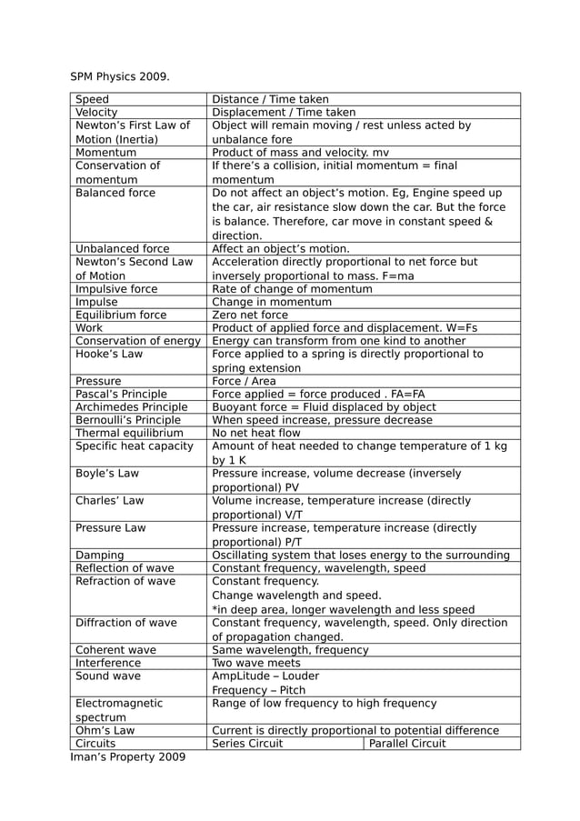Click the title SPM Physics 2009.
120,75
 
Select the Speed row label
92,99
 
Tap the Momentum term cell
105,153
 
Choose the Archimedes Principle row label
131,407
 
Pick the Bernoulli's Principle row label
128,420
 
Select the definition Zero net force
250,315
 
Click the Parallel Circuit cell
407,743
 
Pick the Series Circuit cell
247,743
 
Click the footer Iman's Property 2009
127,756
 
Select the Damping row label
100,555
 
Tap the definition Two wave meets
256,663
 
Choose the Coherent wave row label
115,650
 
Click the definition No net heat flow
255,434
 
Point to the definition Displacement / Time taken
284,113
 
